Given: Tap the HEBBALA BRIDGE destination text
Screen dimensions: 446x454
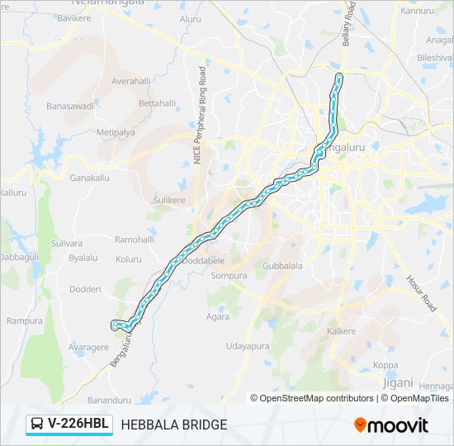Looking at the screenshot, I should click(x=174, y=425).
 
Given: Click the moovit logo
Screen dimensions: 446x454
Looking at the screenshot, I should click(x=391, y=425).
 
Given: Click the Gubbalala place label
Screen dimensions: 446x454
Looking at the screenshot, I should click(x=283, y=267).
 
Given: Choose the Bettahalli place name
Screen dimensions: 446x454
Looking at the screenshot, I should click(x=157, y=103).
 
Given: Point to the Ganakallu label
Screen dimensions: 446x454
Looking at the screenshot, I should click(x=89, y=178).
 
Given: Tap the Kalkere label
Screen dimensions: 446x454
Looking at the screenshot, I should click(x=342, y=331).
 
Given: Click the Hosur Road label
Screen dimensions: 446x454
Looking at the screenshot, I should click(x=421, y=292).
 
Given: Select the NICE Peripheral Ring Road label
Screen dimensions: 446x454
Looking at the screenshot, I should click(x=200, y=116).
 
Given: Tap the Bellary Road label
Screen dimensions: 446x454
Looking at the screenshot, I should click(x=348, y=24).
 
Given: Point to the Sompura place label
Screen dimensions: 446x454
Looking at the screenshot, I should click(x=229, y=275).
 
